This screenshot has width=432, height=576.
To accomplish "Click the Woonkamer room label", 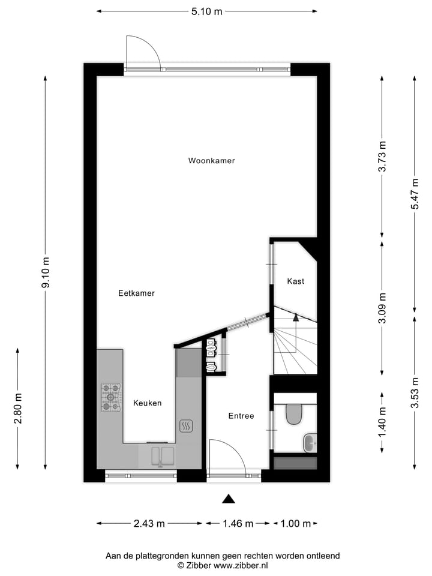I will click(211, 161).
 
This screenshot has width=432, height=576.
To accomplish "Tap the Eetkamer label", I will click(136, 293).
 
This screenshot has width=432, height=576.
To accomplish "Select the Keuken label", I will click(147, 403).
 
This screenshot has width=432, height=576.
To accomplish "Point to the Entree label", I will click(241, 416).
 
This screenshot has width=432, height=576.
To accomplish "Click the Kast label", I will click(296, 281).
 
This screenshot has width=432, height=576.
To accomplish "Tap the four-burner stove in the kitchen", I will click(110, 397).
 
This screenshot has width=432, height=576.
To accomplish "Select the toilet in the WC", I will click(294, 414).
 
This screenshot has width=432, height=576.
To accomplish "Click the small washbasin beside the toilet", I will click(310, 443).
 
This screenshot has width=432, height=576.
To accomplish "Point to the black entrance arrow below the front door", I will click(228, 499).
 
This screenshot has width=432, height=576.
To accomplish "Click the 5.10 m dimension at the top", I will click(206, 11).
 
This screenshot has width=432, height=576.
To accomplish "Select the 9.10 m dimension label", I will click(46, 273).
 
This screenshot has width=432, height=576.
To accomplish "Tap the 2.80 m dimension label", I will click(18, 408).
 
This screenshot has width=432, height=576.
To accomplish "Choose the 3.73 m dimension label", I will click(382, 157).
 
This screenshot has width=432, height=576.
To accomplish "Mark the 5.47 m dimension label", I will click(414, 194).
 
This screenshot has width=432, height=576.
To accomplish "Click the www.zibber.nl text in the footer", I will click(241, 565).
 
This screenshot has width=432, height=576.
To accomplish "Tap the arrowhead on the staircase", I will click(295, 318).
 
